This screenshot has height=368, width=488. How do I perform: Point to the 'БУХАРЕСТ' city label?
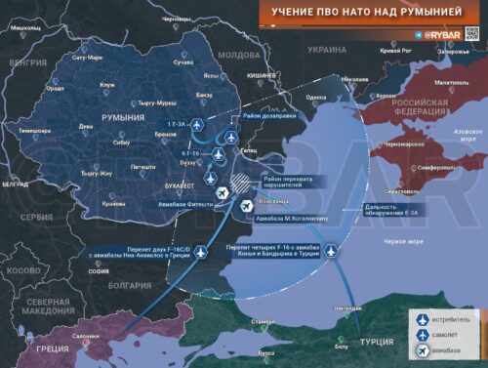pyautogui.click(x=183, y=182)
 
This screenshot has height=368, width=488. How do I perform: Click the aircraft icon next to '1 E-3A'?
pyautogui.click(x=195, y=126)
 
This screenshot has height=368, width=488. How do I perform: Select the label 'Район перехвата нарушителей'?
pyautogui.click(x=291, y=183)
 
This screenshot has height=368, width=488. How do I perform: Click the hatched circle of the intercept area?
pyautogui.click(x=239, y=182)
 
